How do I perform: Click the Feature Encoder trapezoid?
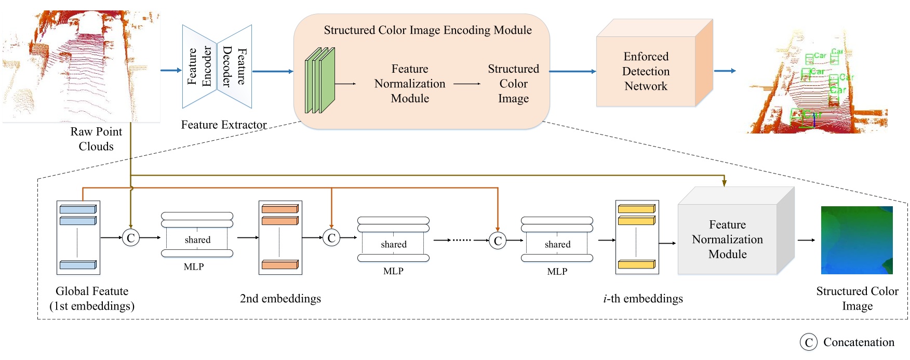click(199, 66)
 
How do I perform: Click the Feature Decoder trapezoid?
click(235, 66)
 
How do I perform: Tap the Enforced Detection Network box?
click(646, 71)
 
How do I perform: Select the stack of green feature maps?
click(319, 81)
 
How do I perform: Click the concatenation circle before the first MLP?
click(130, 238)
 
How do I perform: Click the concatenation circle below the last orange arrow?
click(498, 241)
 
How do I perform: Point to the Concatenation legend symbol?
click(808, 342)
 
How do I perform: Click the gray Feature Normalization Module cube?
click(727, 239)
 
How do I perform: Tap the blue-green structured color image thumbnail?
click(857, 240)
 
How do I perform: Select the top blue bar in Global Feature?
click(78, 209)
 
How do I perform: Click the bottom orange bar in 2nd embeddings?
click(280, 265)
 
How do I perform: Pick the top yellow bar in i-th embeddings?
click(637, 209)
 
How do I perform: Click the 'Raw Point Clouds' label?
click(96, 139)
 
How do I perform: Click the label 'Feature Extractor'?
click(224, 125)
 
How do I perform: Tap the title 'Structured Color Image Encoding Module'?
click(427, 30)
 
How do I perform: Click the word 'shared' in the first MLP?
click(197, 240)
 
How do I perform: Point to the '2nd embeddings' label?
click(280, 299)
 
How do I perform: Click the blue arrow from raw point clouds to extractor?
click(171, 70)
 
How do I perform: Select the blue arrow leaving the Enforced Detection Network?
click(725, 71)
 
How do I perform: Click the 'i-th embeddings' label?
click(643, 299)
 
